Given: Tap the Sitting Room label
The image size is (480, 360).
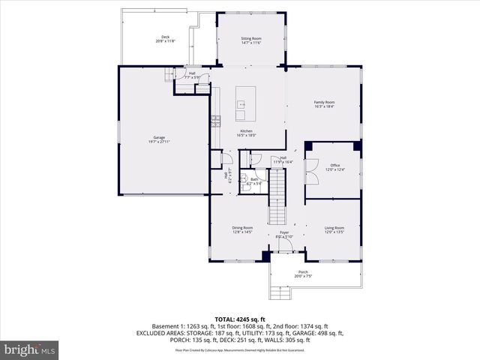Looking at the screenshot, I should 250,39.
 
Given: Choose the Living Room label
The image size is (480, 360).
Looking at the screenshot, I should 334,229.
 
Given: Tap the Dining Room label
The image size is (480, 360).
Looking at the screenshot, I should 242,229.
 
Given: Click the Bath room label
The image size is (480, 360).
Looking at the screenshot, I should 254,181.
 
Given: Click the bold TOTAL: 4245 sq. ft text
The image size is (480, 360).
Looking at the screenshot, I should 240,319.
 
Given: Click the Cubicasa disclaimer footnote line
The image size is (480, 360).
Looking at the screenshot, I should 240,349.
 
